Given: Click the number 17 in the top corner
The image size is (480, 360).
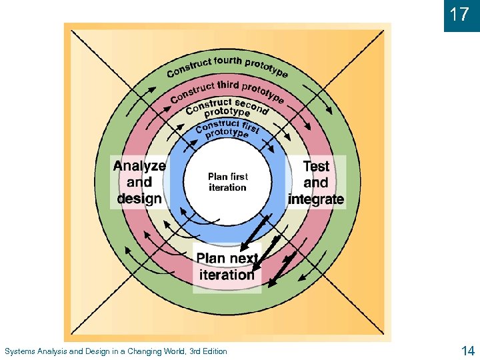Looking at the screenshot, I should point(460,15).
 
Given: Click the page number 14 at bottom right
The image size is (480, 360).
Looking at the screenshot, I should point(467,351).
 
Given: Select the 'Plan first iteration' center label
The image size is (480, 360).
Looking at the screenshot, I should point(227,182).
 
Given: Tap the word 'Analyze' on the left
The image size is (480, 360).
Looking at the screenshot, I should point(139,166).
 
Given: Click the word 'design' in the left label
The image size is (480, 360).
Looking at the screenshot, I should point(139,199).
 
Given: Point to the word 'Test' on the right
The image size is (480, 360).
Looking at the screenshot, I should point(316,166).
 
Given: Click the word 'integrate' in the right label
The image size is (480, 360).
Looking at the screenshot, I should point(316,199).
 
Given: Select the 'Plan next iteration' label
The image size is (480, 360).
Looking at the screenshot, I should point(227,267).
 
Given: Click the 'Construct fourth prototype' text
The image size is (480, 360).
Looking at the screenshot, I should point(227,66).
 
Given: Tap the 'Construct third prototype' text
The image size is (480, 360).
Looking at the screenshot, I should point(227,91).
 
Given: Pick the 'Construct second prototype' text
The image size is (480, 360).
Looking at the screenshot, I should point(227,107).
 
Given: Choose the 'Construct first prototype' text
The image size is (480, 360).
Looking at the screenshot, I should point(227,128).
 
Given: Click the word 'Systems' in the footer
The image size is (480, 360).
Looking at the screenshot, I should point(19,351).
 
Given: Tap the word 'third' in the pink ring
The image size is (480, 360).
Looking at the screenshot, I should point(227,86).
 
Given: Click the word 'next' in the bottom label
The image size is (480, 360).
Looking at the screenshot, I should point(243,258).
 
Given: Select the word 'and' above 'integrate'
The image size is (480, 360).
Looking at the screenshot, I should point(316,183).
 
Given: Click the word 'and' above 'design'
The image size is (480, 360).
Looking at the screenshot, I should point(139,183).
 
